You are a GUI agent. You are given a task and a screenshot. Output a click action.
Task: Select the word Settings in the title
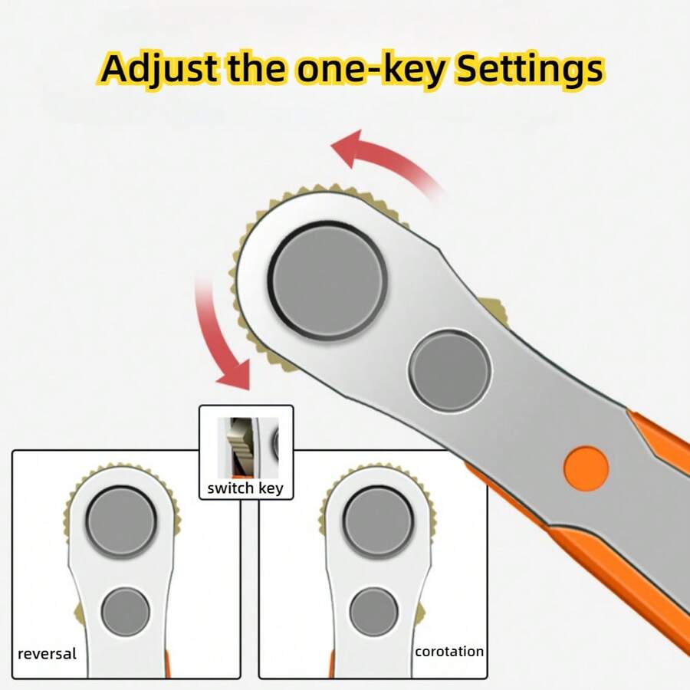(529, 69)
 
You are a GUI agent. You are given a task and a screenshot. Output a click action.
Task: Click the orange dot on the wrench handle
(586, 466)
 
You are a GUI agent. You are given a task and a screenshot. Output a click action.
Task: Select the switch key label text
(245, 488)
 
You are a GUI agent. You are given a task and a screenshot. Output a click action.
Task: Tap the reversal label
(48, 654)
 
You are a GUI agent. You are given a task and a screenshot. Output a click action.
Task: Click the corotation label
(449, 652)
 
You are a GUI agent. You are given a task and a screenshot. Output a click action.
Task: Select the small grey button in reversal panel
(126, 612)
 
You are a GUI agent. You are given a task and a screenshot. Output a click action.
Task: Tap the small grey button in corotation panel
(373, 612)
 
